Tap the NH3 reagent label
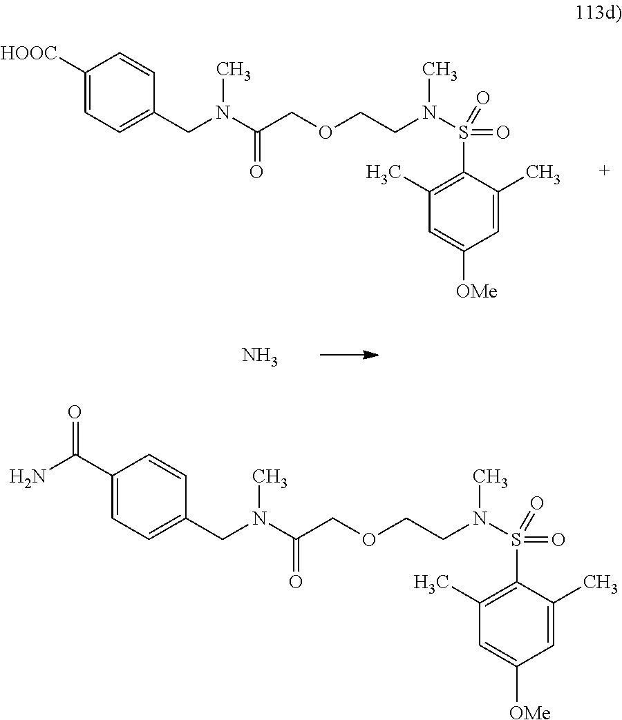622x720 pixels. (260, 357)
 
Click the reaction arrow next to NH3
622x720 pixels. (349, 355)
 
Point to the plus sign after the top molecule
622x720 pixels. (604, 170)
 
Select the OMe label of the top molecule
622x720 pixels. (476, 291)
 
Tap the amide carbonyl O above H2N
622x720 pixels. (75, 413)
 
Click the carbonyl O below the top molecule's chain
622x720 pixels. (256, 172)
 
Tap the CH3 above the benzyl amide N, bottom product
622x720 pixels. (272, 478)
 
